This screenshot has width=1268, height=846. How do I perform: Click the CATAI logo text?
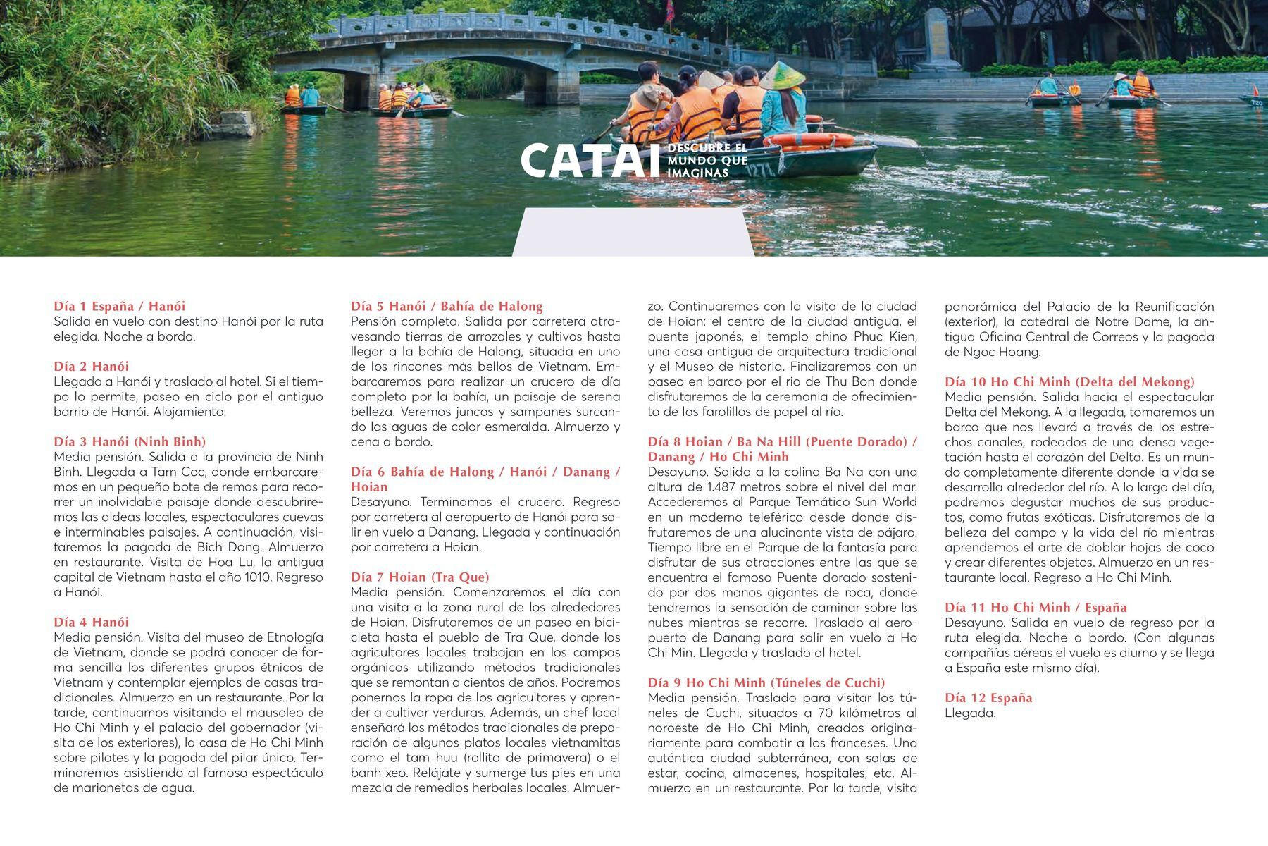(x=585, y=161)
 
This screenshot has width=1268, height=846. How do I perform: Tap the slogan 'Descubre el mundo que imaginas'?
(x=707, y=161)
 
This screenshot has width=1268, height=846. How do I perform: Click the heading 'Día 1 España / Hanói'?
(x=119, y=306)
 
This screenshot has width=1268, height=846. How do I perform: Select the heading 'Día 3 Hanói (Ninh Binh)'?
(x=130, y=441)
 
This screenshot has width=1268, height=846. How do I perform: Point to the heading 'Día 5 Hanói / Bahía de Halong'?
(x=447, y=306)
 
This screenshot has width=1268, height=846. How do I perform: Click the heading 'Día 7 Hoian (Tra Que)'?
(x=420, y=577)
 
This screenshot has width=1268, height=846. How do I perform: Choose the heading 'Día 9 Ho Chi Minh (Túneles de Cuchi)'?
(x=766, y=682)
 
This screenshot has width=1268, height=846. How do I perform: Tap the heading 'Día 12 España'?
(x=988, y=697)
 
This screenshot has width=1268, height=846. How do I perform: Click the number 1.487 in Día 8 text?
(x=725, y=486)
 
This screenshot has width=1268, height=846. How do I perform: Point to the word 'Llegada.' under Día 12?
(x=970, y=713)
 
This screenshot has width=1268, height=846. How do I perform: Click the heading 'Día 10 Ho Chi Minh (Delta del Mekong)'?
(x=1069, y=381)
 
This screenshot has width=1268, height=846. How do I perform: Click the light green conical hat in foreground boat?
(x=782, y=75)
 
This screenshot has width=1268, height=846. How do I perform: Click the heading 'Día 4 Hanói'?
(x=91, y=622)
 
